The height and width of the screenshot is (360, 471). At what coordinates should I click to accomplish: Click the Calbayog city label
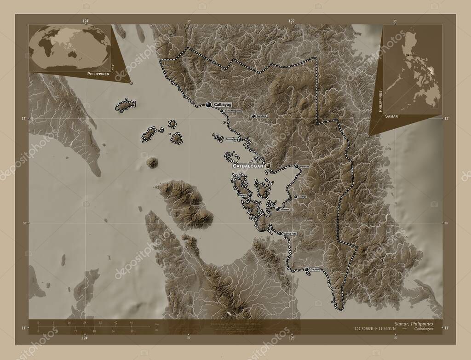tap(223, 105)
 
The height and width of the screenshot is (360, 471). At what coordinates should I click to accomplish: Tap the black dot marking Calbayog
tap(209, 105)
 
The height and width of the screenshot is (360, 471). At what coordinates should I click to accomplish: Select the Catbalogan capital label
tap(249, 166)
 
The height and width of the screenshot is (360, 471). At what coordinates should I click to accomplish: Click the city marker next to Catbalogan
tap(268, 166)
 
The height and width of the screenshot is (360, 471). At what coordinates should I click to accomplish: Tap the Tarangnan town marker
tap(240, 139)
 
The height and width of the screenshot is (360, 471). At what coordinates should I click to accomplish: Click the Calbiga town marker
tap(295, 197)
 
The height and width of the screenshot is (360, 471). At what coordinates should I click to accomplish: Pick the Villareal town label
tap(284, 210)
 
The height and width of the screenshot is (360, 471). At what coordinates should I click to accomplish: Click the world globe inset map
tap(69, 48)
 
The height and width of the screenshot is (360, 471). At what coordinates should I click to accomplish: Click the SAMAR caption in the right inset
tap(392, 117)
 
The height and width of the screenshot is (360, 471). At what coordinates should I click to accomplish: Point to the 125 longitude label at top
tap(291, 21)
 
